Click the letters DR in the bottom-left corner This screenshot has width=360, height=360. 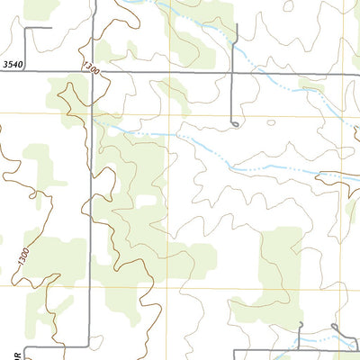(4, 352)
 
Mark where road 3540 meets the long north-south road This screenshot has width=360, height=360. (91, 73)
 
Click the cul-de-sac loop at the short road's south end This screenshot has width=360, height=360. (234, 123)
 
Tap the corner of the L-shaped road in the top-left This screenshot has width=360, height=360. (25, 29)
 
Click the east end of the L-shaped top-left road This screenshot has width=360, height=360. (50, 29)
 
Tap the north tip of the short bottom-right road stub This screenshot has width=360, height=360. (301, 323)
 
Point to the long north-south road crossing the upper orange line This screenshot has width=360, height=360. (91, 114)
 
